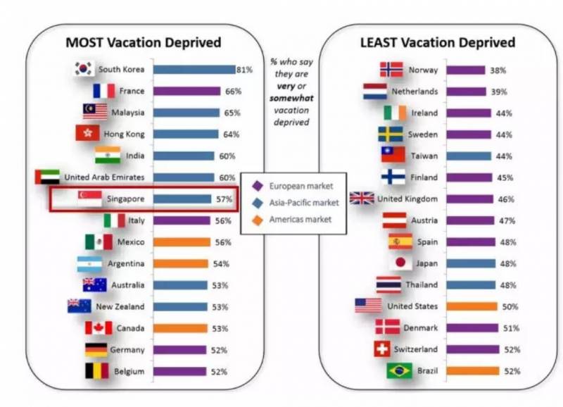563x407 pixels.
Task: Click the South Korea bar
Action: click(194, 69)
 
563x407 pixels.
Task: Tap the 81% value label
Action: click(244, 69)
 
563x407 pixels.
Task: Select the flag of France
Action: click(103, 91)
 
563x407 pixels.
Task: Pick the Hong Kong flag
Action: click(87, 134)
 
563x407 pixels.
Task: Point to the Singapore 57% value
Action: click(224, 199)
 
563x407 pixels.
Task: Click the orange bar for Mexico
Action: click(182, 242)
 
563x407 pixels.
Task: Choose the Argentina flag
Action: click(91, 264)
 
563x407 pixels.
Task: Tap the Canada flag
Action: click(99, 328)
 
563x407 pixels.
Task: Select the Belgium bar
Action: click(179, 371)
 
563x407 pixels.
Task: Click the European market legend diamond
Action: click(258, 186)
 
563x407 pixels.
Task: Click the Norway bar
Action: click(466, 70)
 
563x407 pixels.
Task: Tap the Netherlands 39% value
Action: click(498, 92)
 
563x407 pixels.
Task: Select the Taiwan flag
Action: click(393, 155)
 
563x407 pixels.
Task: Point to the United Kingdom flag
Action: click(362, 199)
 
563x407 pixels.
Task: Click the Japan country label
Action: click(426, 263)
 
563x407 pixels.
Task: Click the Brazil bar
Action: click(473, 371)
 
